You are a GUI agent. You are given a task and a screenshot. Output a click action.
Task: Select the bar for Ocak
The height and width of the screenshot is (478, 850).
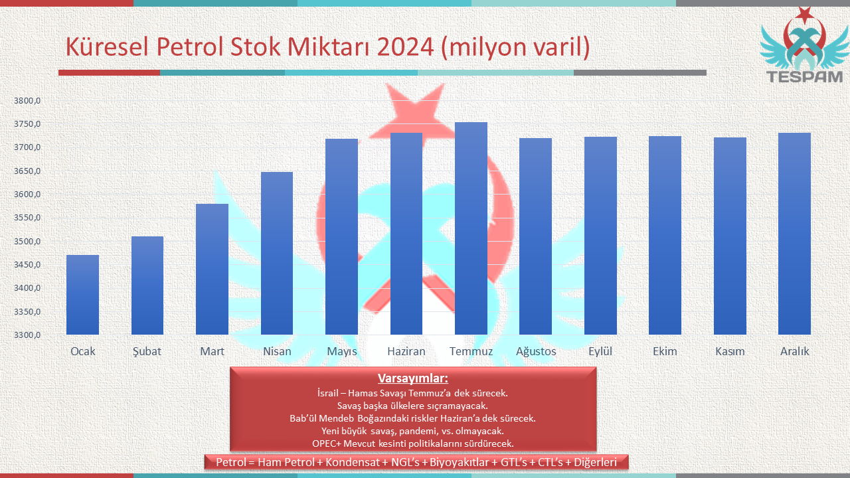83,295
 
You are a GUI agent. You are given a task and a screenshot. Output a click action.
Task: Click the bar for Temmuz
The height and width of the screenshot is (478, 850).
471,228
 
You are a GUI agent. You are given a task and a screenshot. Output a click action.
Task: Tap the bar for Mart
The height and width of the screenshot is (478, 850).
212,270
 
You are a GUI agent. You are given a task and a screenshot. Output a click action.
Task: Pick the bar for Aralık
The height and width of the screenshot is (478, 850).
794,234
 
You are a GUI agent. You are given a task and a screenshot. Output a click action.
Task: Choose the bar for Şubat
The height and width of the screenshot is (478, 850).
147,285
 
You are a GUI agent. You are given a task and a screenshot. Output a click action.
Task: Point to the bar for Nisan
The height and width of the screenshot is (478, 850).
277,254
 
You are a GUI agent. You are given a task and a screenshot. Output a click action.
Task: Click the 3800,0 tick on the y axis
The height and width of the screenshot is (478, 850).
27,101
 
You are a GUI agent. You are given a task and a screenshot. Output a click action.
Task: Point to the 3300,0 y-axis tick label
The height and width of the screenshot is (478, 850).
27,335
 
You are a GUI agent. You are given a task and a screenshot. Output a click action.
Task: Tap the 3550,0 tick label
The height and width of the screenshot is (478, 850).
27,218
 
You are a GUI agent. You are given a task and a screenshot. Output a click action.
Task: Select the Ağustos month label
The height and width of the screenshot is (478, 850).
536,352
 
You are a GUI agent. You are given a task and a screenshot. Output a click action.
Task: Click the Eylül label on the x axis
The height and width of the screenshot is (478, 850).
600,351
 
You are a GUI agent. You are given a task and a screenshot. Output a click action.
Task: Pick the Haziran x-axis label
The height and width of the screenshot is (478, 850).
406,351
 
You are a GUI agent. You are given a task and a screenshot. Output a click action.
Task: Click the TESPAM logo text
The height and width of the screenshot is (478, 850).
804,77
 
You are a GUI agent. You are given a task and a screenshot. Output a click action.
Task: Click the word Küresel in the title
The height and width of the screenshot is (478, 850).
107,47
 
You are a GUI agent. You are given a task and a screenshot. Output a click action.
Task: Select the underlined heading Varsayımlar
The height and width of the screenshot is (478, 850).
413,378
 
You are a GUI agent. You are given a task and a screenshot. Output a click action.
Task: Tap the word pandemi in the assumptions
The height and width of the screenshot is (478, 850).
417,432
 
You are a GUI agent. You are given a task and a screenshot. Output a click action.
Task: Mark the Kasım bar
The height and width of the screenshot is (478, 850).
730,236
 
